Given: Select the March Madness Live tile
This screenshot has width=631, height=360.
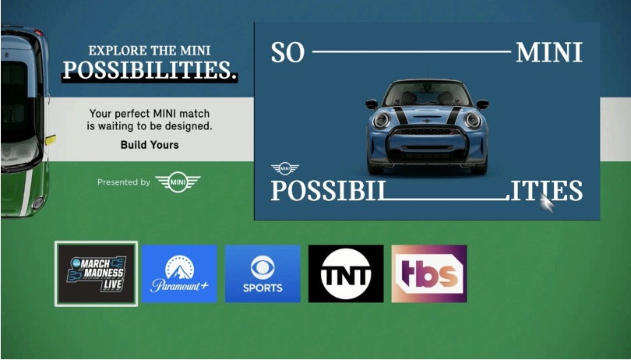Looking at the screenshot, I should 96,274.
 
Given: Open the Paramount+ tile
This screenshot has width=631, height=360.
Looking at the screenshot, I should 179,274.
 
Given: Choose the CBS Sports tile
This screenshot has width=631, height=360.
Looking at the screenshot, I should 263,274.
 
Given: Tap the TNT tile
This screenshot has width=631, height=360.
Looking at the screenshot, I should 346,274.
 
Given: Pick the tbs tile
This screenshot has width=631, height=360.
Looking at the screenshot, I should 429,274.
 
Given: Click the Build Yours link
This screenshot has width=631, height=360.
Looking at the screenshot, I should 150,145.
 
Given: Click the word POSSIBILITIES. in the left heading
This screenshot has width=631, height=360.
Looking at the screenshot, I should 150,71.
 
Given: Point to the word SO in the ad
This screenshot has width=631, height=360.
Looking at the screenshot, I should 287,53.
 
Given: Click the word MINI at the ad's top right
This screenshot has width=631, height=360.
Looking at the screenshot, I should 549,53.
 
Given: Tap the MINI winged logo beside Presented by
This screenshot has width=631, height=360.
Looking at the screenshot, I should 178,182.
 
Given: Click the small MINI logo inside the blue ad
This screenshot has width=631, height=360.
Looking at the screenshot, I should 284,168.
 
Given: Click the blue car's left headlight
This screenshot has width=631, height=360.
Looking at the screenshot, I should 382,121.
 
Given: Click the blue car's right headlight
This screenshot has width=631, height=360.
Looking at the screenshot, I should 471,120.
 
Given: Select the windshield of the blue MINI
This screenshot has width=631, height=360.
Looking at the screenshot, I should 426,96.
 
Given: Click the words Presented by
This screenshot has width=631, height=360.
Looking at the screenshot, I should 123,182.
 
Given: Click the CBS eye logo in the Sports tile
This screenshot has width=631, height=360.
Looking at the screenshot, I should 263,268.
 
